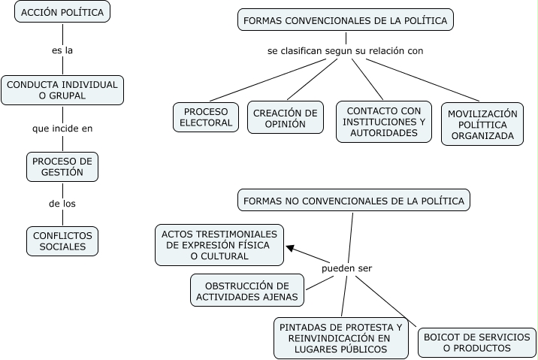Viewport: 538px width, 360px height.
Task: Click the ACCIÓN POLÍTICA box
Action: (63, 12)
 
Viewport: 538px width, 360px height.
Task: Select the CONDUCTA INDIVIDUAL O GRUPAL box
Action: (62, 90)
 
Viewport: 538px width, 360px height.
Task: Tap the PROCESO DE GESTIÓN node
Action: (62, 168)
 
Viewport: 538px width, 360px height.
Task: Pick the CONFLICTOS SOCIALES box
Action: (62, 241)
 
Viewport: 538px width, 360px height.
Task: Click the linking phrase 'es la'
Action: (62, 50)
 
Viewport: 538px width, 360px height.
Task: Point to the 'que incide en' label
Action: (62, 129)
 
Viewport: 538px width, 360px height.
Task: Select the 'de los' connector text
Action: (62, 203)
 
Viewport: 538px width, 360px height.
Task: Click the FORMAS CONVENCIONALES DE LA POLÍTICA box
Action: (346, 20)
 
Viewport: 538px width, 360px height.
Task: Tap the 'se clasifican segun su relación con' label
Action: (346, 51)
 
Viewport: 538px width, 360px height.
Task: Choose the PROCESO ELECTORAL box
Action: (206, 117)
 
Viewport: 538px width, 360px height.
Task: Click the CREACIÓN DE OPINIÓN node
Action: (286, 118)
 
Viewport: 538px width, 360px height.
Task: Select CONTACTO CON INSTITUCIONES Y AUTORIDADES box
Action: (384, 122)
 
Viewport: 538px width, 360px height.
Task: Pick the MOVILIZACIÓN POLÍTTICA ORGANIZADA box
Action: (482, 125)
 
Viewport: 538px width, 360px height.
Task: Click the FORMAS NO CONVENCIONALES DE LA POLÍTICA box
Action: (354, 201)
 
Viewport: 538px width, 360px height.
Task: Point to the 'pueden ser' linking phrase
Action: (347, 268)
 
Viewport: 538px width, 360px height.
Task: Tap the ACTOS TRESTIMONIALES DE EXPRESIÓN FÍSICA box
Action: (219, 245)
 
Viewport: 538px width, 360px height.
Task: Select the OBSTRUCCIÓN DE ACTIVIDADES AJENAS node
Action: (247, 291)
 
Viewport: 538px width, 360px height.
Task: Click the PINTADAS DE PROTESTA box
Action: (340, 337)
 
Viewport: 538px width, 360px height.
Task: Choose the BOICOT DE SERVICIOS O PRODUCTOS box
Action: (477, 343)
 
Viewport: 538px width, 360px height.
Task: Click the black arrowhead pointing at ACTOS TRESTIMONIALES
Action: (291, 250)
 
